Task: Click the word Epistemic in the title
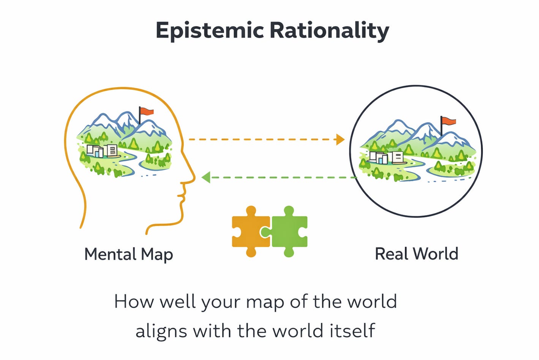(x=209, y=30)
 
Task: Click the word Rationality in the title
(x=329, y=30)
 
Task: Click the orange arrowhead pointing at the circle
(x=340, y=140)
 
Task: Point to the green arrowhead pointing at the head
(x=206, y=177)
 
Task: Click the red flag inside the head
(x=147, y=111)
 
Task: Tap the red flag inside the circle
(x=449, y=121)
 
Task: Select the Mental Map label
(x=128, y=254)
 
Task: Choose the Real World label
(x=416, y=254)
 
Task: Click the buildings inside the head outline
(x=101, y=151)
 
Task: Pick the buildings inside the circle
(x=386, y=157)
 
